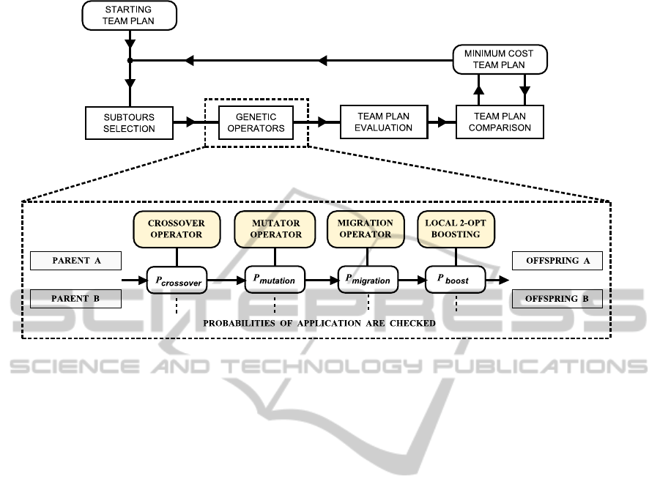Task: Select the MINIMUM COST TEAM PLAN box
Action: (x=499, y=59)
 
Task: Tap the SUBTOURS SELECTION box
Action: (x=129, y=122)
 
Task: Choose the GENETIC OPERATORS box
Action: (x=254, y=122)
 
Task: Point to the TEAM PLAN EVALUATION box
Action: (x=384, y=122)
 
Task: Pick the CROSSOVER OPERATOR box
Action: (x=177, y=229)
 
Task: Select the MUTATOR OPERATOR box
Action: (x=275, y=229)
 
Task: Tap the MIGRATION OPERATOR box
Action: (x=365, y=229)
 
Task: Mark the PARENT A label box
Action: (x=75, y=261)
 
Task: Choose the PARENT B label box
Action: (x=75, y=299)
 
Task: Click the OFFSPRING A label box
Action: (x=557, y=261)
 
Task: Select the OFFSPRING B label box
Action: (x=557, y=299)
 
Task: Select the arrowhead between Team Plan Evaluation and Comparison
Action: (x=442, y=122)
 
